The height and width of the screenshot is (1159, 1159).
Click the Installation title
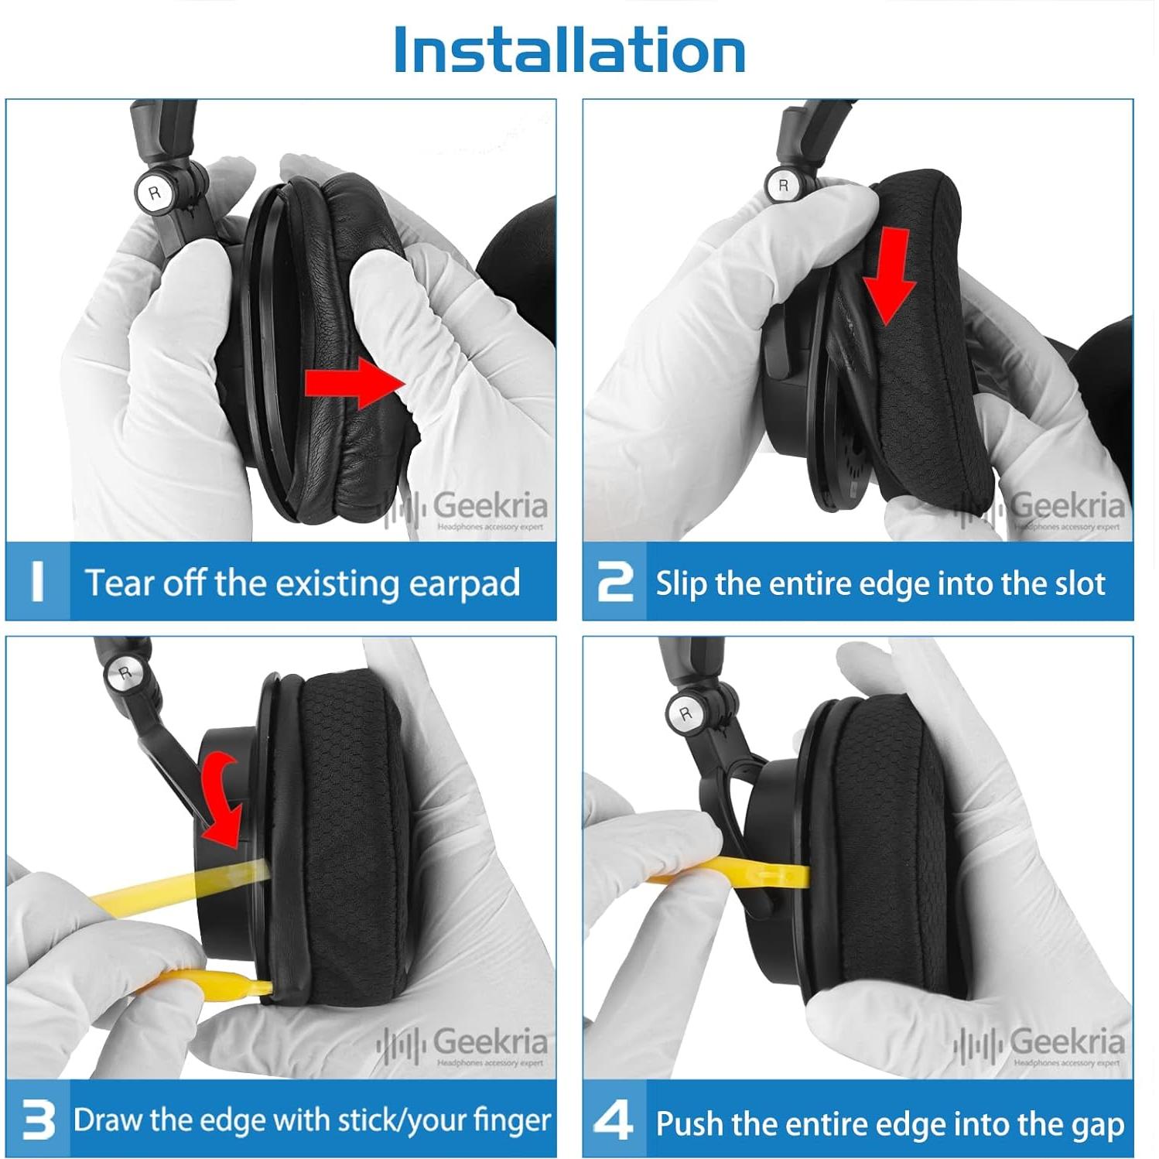pos(569,50)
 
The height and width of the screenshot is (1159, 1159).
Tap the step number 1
pos(37,581)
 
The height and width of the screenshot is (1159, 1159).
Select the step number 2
pos(615,581)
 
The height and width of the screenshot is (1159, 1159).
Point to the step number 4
pos(613,1120)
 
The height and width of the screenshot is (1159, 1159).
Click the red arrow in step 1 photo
pos(355,381)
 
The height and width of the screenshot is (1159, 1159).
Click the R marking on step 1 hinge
pos(154,193)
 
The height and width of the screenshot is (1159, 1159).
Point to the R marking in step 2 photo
pos(783,186)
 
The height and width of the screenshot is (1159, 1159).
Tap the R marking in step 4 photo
pos(685,713)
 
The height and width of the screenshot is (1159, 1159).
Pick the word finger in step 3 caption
pos(511,1121)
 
